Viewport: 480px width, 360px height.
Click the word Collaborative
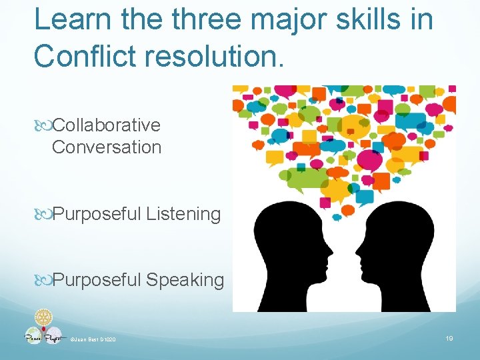tap(106, 125)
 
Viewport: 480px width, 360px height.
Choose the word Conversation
tap(107, 147)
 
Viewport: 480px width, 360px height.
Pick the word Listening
tap(183, 215)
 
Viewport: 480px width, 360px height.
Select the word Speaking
tap(185, 281)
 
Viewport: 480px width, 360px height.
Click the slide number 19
tap(449, 339)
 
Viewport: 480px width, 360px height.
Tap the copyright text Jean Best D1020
tap(93, 341)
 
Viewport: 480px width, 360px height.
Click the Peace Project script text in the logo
tap(44, 337)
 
